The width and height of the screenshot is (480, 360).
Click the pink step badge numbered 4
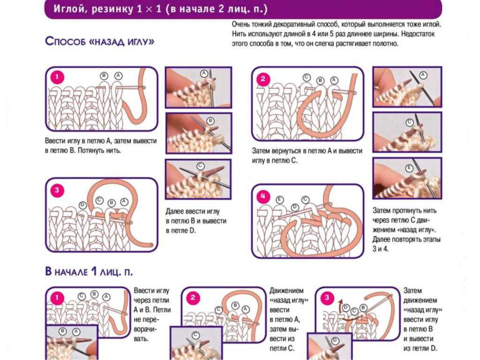coord(263,196)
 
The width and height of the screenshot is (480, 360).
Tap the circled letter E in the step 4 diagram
coord(279,200)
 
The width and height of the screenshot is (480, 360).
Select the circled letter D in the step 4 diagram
coord(295,208)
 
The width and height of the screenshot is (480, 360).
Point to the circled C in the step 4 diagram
coord(306,200)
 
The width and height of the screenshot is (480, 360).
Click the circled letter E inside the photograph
coord(409,168)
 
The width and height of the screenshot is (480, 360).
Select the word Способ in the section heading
coord(65,41)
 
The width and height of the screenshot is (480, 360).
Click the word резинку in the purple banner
coord(112,9)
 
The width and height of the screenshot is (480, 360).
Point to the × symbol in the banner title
coord(149,9)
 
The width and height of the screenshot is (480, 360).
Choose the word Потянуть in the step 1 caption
coord(91,150)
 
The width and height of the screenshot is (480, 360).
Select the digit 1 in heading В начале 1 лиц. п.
coord(94,271)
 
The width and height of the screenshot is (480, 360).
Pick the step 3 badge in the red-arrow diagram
coord(327,297)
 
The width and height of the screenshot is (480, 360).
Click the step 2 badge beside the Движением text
coord(193,297)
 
